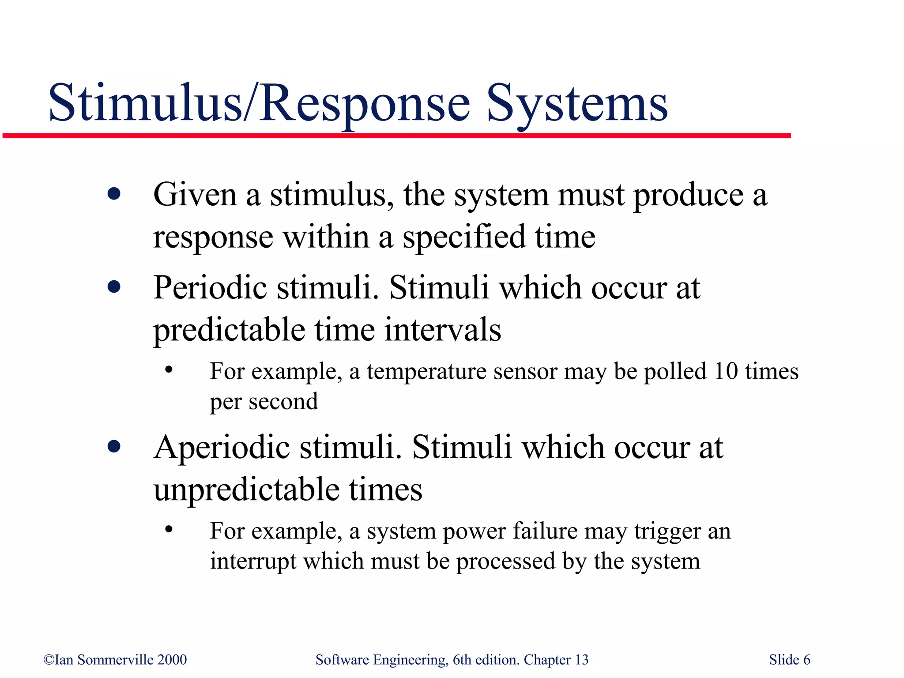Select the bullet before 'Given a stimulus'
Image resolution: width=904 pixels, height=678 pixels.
114,194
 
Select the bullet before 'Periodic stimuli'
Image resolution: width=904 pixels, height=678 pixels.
114,287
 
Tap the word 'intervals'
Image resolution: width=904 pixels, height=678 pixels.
443,330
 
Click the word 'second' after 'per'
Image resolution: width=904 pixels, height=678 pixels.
283,402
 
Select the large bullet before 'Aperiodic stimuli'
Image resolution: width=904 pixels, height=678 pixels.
114,447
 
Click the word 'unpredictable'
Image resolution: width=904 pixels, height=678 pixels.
246,490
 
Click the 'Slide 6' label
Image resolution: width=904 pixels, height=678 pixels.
789,660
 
